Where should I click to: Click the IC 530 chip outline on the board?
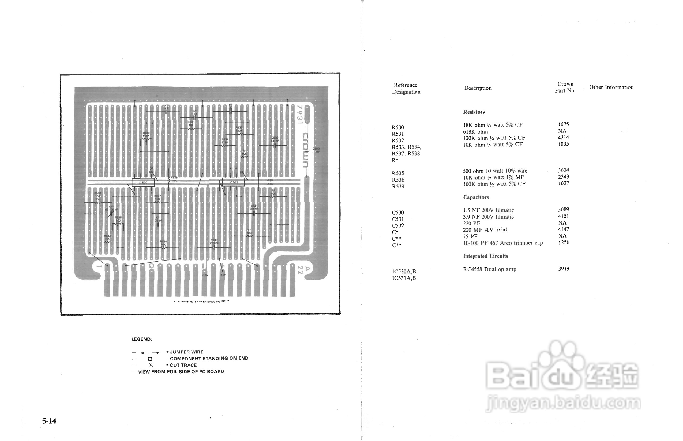pos(143,183)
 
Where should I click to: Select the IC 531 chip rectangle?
pos(233,182)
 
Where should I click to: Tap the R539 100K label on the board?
pos(146,134)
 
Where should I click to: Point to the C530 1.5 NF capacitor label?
pos(275,139)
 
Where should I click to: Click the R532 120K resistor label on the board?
pos(239,129)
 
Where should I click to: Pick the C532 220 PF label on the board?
pos(214,242)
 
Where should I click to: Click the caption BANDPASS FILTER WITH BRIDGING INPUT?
pos(201,301)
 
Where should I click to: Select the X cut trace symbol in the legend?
pos(151,365)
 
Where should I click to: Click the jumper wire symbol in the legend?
pos(150,352)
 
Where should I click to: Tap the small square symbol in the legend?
pos(150,359)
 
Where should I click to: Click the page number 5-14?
pos(49,421)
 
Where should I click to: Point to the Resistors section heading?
pos(474,112)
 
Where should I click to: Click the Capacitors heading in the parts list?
pos(476,197)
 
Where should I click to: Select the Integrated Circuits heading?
pos(486,256)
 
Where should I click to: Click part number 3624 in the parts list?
pos(563,170)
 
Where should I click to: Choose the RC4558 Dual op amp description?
pos(490,269)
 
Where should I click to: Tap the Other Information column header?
pos(611,87)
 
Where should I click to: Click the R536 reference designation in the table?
pos(398,180)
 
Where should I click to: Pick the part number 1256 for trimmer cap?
pos(564,242)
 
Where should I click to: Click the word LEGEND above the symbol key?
pos(142,339)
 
